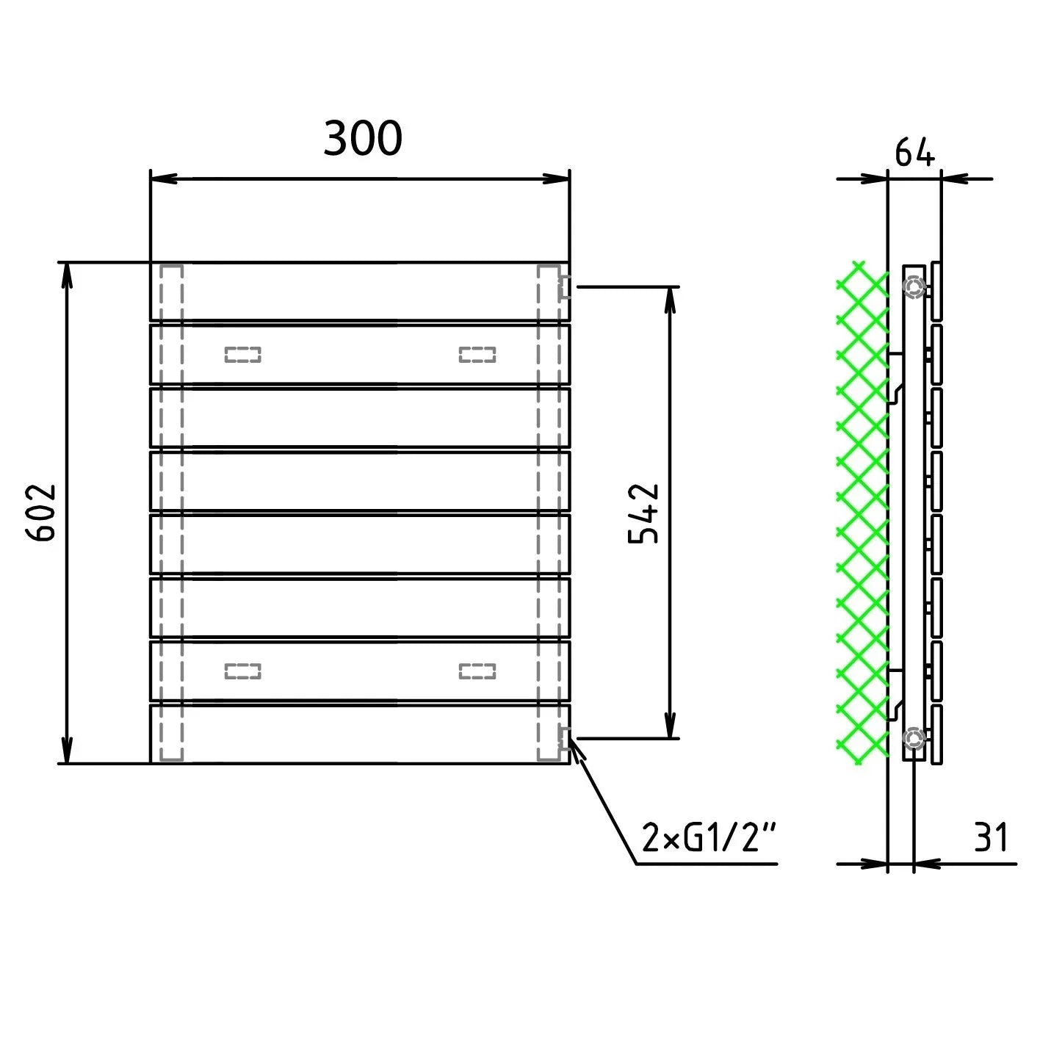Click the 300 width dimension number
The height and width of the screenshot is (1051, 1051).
click(x=363, y=138)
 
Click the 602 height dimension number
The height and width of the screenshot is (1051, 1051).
click(x=41, y=512)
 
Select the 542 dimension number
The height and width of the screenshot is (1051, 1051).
click(x=643, y=513)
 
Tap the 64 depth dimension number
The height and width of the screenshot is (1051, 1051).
click(x=914, y=153)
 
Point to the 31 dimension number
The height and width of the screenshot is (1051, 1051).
click(x=991, y=837)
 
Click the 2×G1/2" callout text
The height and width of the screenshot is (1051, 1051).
click(x=709, y=837)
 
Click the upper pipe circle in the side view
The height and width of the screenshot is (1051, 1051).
click(x=914, y=286)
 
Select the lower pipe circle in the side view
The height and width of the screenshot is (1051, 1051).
click(x=914, y=738)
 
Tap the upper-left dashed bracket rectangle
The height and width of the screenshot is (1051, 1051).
click(x=243, y=355)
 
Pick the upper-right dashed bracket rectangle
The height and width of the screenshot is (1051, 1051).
click(x=477, y=355)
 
